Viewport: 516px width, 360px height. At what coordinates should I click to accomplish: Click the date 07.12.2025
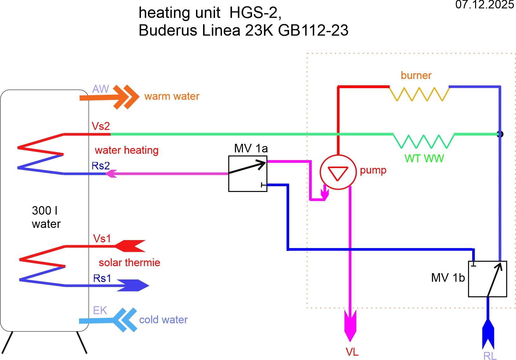(485, 5)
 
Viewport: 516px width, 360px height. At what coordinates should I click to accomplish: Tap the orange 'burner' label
(416, 75)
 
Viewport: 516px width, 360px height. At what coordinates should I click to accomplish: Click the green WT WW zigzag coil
(424, 141)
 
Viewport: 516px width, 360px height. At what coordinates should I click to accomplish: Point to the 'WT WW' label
(424, 159)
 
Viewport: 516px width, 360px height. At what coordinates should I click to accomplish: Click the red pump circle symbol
(338, 172)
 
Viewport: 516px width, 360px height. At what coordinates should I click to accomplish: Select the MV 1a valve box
(248, 174)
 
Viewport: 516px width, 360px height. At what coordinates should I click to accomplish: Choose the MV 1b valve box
(487, 279)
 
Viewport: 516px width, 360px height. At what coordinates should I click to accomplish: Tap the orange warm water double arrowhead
(126, 97)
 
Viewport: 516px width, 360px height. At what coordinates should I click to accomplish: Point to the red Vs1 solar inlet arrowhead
(130, 246)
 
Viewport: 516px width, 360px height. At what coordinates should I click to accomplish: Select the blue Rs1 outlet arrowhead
(133, 285)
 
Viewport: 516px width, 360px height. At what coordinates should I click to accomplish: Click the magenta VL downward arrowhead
(350, 326)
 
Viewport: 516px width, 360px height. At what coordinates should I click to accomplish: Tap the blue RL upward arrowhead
(488, 334)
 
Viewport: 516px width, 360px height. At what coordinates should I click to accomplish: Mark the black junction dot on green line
(500, 134)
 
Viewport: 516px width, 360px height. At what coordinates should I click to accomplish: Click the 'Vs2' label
(101, 126)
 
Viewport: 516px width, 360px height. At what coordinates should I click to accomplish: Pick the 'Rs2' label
(101, 166)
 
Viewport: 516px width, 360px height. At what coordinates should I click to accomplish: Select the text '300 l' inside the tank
(45, 211)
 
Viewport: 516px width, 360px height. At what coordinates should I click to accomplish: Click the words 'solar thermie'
(129, 263)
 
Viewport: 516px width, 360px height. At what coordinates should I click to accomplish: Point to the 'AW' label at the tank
(101, 89)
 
